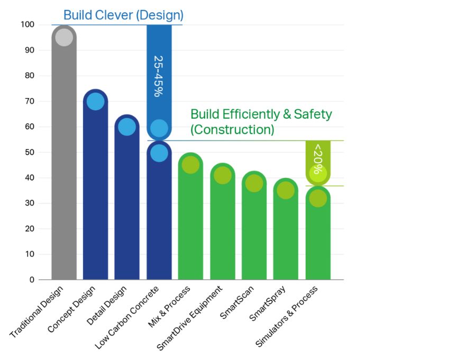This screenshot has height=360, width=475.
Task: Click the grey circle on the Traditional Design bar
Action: pos(63,38)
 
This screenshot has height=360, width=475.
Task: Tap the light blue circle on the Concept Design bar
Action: pos(95,101)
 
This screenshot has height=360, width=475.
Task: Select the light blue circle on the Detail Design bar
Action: pos(127,127)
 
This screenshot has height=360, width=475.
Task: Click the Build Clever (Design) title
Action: pos(123,15)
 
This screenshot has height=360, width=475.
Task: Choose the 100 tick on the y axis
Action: pos(28,25)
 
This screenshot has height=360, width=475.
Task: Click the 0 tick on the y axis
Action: pos(32,280)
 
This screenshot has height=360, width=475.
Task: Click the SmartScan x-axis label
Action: pos(238,302)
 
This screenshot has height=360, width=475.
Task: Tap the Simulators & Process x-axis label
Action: pos(287,317)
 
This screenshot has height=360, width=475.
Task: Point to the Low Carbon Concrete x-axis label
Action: pos(127,317)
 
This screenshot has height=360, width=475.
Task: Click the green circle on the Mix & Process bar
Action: pos(190,165)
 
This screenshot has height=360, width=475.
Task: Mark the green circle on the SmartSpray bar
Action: pos(286,190)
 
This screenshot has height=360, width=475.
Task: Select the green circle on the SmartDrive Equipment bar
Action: pos(223,175)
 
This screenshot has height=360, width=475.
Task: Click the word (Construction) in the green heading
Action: pos(232,130)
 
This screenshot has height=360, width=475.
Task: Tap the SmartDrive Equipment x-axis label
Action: pos(190,319)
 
